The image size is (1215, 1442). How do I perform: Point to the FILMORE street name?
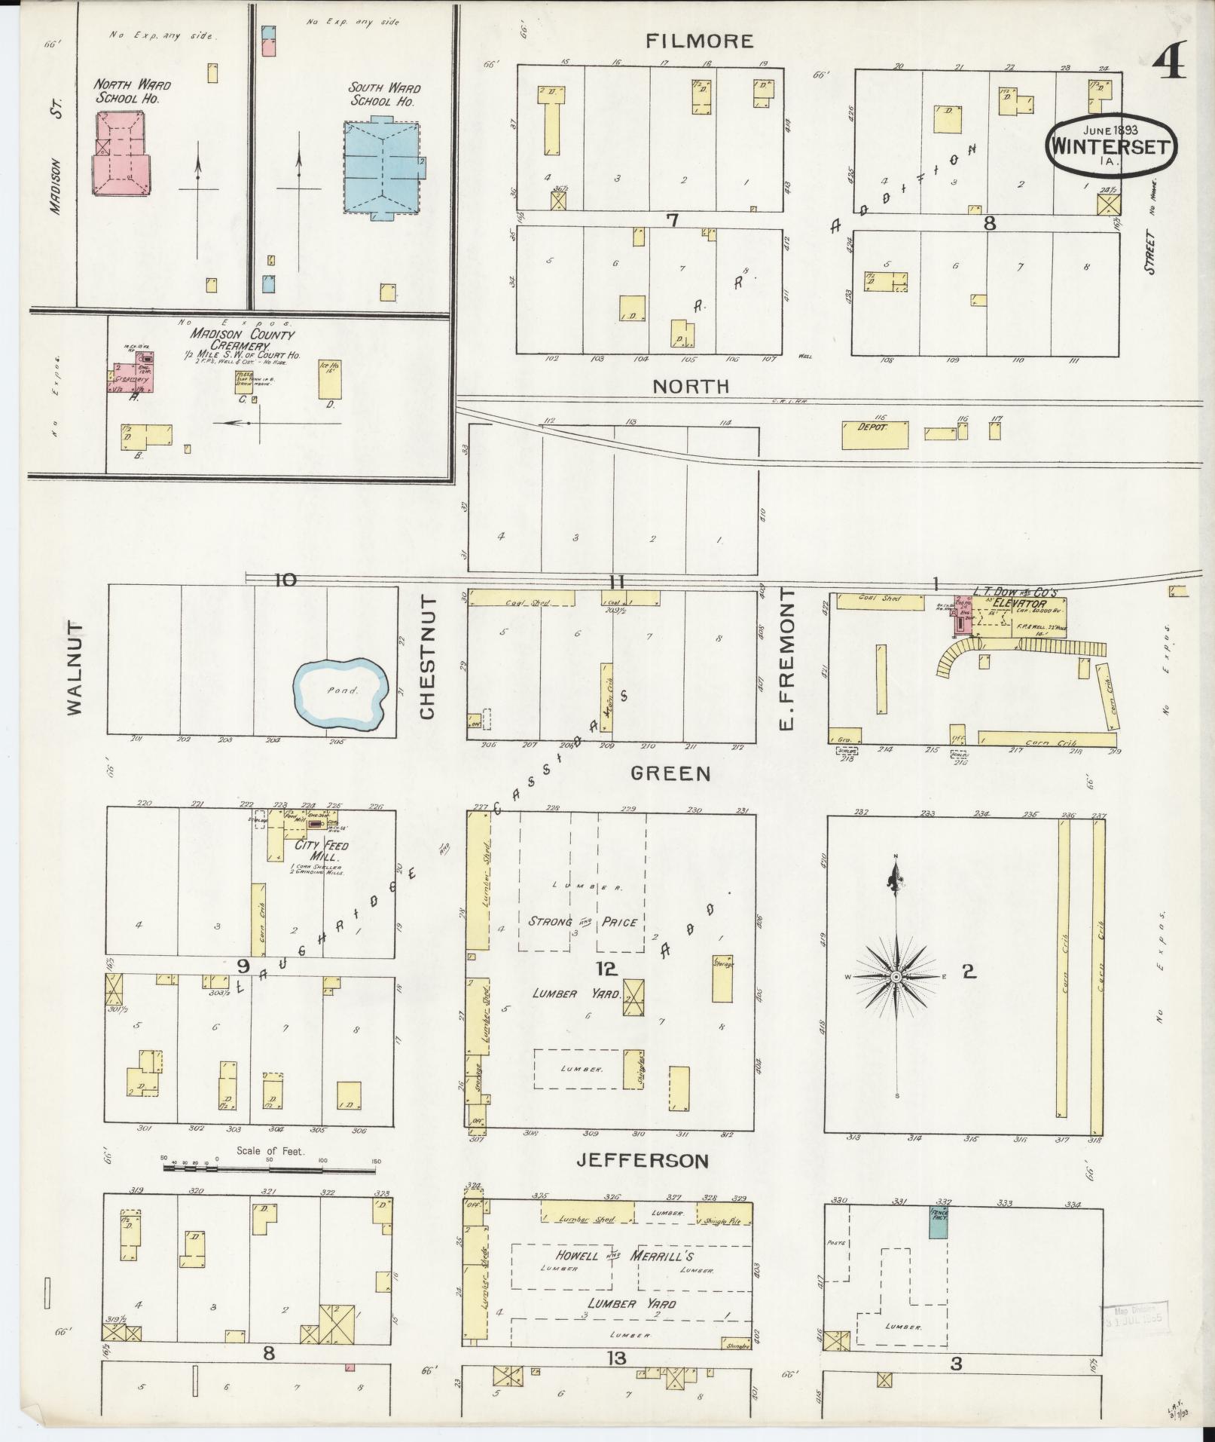tap(700, 41)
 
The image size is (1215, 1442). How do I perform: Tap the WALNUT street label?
tap(75, 668)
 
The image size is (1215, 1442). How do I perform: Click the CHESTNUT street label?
tap(428, 657)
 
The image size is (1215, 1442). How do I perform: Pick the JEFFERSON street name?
tap(643, 1181)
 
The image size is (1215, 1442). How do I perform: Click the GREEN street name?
tap(670, 773)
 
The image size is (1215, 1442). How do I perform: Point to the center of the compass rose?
tap(896, 977)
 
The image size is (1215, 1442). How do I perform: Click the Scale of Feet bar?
tap(270, 1189)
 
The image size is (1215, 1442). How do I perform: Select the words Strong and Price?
tap(582, 921)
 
